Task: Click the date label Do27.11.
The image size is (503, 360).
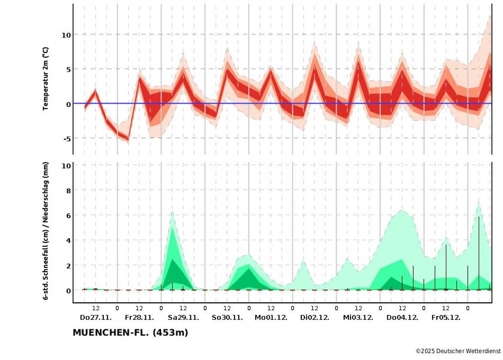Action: click(x=96, y=317)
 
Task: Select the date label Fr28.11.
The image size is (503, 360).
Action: click(x=139, y=317)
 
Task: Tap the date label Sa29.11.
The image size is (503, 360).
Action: click(x=183, y=317)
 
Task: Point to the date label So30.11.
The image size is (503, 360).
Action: click(x=227, y=317)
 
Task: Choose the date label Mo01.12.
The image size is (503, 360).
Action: click(x=271, y=317)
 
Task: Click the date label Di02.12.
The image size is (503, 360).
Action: click(x=315, y=317)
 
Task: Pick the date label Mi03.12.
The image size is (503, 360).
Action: click(x=358, y=317)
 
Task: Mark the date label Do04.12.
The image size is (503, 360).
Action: click(x=402, y=317)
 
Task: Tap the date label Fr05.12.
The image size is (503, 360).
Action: click(x=446, y=317)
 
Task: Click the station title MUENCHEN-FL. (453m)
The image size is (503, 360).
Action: click(x=130, y=333)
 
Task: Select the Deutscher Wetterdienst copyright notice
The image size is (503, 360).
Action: click(x=458, y=351)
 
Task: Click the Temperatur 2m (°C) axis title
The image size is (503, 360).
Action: click(x=46, y=79)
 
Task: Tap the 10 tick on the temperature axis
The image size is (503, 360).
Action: click(x=66, y=35)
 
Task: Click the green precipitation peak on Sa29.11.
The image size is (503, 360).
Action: click(x=172, y=212)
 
